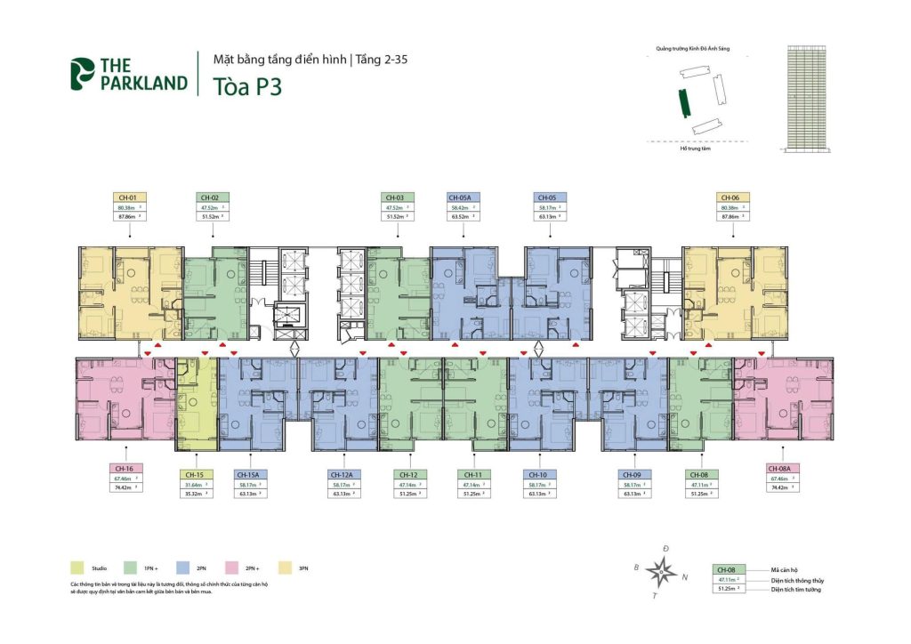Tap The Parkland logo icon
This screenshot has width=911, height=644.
[83, 75]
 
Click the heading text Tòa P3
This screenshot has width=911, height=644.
[247, 87]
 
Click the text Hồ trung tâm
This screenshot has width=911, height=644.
[694, 149]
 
